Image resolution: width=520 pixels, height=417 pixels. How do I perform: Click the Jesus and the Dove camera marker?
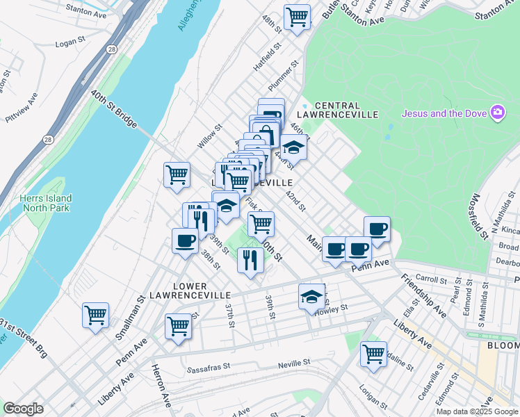point(497,112)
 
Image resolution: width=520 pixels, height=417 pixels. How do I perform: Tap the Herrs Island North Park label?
point(47,203)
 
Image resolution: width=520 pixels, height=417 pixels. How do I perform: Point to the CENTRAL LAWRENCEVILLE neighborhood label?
point(336,109)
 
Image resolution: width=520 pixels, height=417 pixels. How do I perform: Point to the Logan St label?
point(69,43)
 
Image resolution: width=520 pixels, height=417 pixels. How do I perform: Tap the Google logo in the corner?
point(23,409)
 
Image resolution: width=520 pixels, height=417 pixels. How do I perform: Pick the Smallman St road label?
point(129,317)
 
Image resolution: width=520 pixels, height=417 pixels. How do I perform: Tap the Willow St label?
point(209,136)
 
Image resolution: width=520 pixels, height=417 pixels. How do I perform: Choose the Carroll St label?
point(431,279)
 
